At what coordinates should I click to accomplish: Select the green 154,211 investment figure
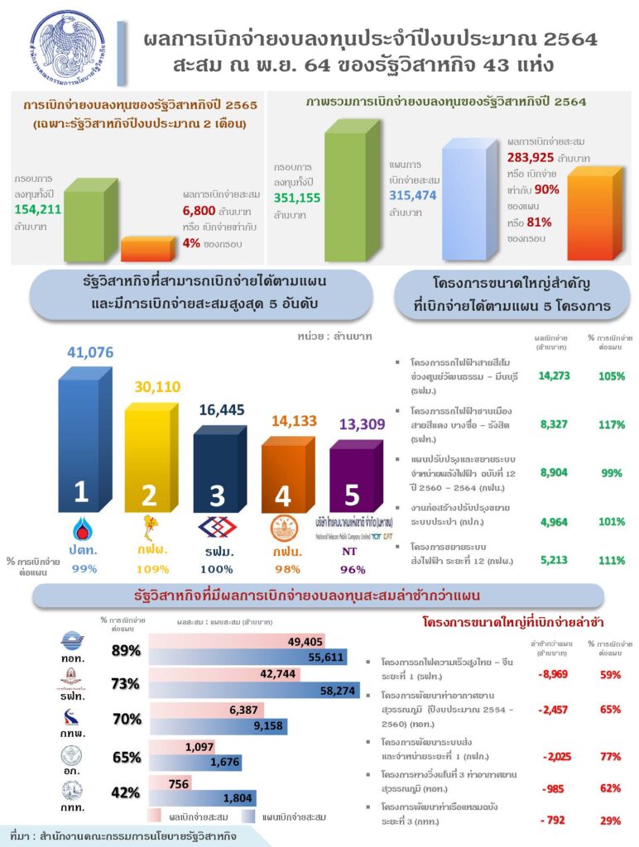(37, 207)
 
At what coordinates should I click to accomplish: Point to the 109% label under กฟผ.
(152, 568)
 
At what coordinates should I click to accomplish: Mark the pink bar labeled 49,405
(238, 642)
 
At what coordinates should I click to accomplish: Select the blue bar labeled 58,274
(254, 691)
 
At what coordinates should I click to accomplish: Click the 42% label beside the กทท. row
(126, 792)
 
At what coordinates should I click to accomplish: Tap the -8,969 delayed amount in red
(551, 674)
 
